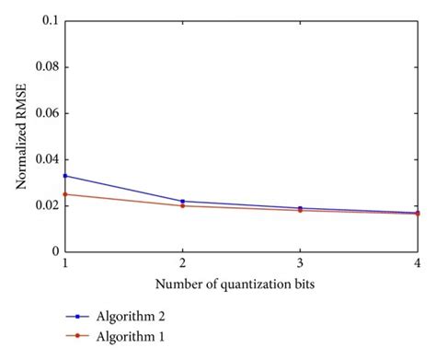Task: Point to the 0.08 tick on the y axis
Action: click(45, 66)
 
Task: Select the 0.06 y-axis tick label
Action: click(45, 112)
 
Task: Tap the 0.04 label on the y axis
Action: click(45, 158)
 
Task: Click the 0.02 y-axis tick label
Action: click(45, 204)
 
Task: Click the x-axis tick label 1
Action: click(64, 263)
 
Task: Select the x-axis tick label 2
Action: click(182, 263)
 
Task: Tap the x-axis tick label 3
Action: click(300, 263)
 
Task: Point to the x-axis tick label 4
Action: click(418, 263)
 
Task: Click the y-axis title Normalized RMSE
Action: click(20, 135)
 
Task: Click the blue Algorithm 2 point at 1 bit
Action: click(64, 175)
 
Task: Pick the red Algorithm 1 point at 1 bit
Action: click(64, 193)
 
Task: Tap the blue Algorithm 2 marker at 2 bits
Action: click(182, 201)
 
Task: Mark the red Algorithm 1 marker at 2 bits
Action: click(182, 205)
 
